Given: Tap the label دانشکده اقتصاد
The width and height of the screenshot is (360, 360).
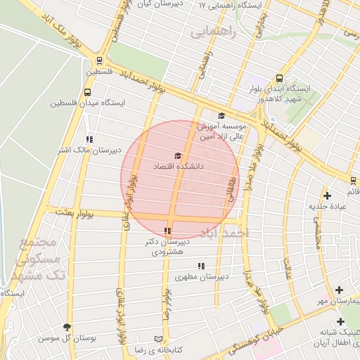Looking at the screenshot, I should click(178, 167).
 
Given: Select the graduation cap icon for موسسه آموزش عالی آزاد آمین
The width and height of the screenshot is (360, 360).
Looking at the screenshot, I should click(221, 116).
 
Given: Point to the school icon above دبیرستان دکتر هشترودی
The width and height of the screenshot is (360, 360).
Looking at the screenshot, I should click(167, 231).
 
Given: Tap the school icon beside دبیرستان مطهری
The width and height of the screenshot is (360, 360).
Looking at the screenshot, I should click(201, 266).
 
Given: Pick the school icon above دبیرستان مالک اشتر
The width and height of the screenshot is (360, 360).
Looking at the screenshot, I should click(89, 139).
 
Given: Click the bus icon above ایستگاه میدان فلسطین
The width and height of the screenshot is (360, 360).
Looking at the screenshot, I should click(89, 91).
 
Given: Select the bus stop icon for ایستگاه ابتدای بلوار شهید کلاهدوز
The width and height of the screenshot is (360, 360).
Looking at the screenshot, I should click(280, 79).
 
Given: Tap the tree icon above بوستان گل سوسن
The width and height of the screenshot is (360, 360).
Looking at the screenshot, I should click(67, 327).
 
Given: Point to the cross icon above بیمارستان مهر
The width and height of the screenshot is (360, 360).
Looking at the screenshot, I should click(340, 290).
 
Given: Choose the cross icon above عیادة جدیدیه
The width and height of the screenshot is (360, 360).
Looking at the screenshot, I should click(326, 195).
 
